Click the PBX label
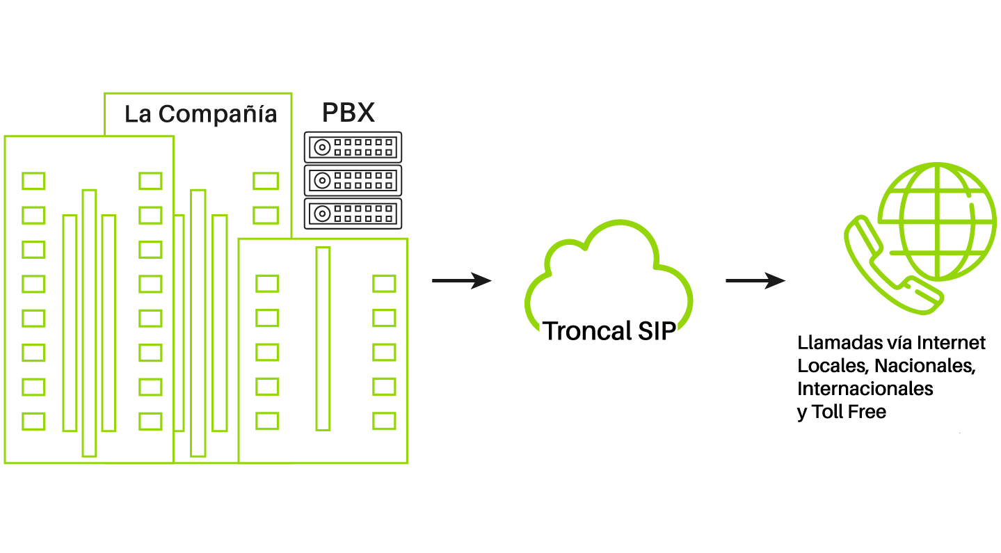(349, 113)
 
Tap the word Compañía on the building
(218, 114)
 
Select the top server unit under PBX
(353, 147)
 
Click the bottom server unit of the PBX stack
(353, 214)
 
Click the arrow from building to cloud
(461, 281)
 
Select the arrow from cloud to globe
(755, 281)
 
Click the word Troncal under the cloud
(583, 331)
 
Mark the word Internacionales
(865, 388)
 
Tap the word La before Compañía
(138, 114)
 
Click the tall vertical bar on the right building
(322, 339)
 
